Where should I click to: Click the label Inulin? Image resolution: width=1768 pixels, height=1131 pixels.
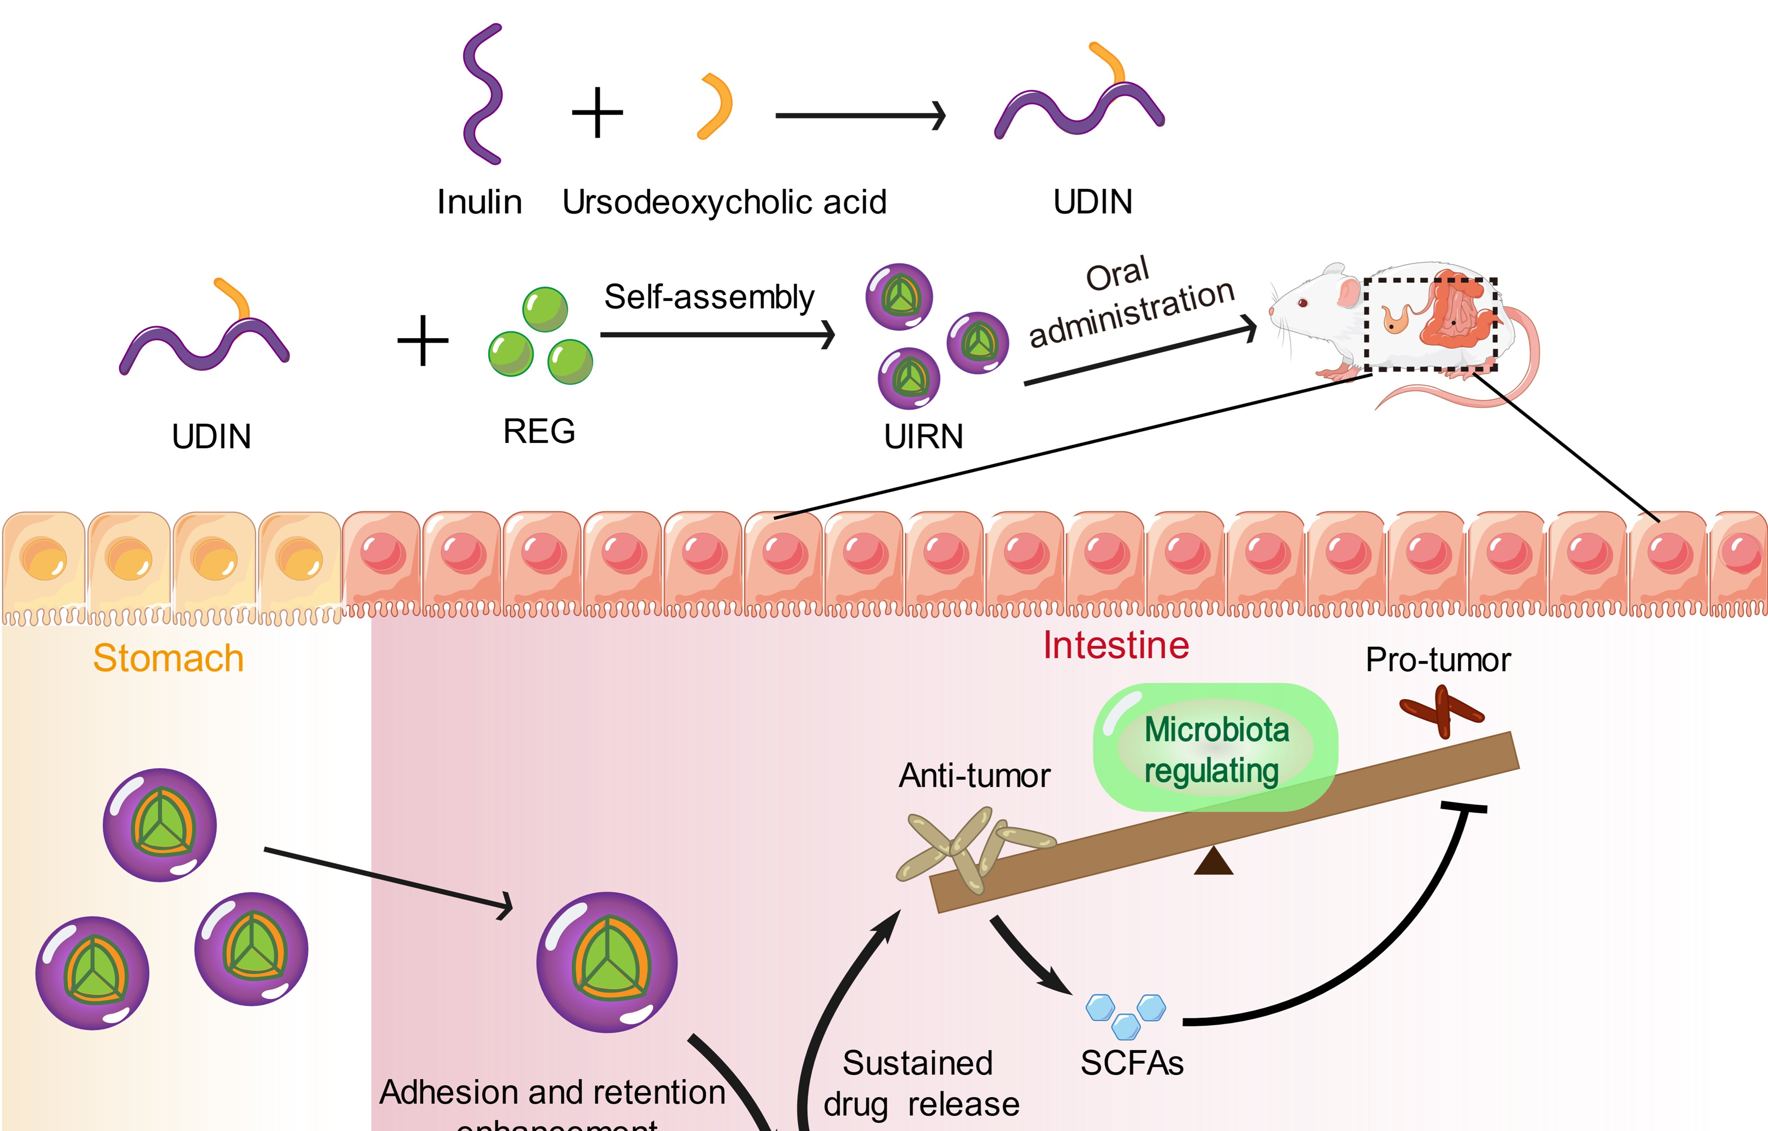(x=479, y=202)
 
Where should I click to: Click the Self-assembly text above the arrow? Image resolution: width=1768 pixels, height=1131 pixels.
(x=709, y=297)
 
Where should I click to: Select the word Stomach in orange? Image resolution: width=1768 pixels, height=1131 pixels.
(x=168, y=658)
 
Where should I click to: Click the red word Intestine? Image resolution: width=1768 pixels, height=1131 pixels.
(x=1116, y=646)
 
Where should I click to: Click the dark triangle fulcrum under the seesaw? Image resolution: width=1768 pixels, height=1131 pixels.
(x=1213, y=861)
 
